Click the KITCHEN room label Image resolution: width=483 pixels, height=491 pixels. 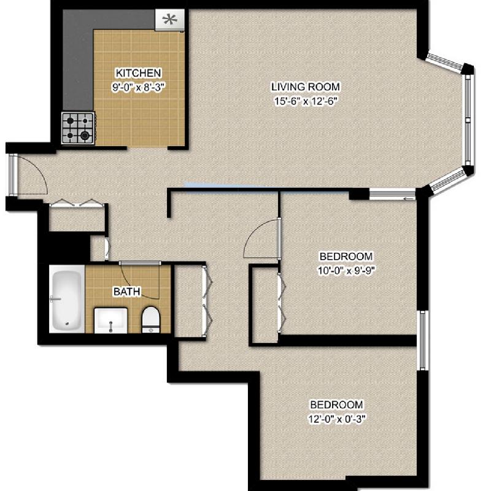tap(138, 73)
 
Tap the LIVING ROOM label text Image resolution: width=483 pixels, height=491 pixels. tap(306, 87)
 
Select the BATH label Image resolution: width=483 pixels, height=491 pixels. tap(127, 292)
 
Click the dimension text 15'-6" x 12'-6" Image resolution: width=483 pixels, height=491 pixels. tap(306, 101)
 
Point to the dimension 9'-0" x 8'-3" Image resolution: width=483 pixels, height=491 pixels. tap(138, 87)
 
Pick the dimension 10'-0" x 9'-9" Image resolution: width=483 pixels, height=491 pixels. tap(346, 270)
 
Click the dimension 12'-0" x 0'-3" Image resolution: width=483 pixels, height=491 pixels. tap(337, 419)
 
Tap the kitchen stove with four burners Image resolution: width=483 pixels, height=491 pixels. tap(79, 128)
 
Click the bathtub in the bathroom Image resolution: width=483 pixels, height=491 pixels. tap(67, 300)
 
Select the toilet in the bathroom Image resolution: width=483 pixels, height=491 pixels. tap(151, 319)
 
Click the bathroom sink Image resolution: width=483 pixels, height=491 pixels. tap(111, 320)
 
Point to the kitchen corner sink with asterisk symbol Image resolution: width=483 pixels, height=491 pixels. tap(170, 20)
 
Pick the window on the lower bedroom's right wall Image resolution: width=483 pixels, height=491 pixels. tap(423, 341)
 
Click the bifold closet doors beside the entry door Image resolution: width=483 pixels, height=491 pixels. tap(77, 203)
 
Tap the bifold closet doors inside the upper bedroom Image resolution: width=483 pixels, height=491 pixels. tap(282, 303)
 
